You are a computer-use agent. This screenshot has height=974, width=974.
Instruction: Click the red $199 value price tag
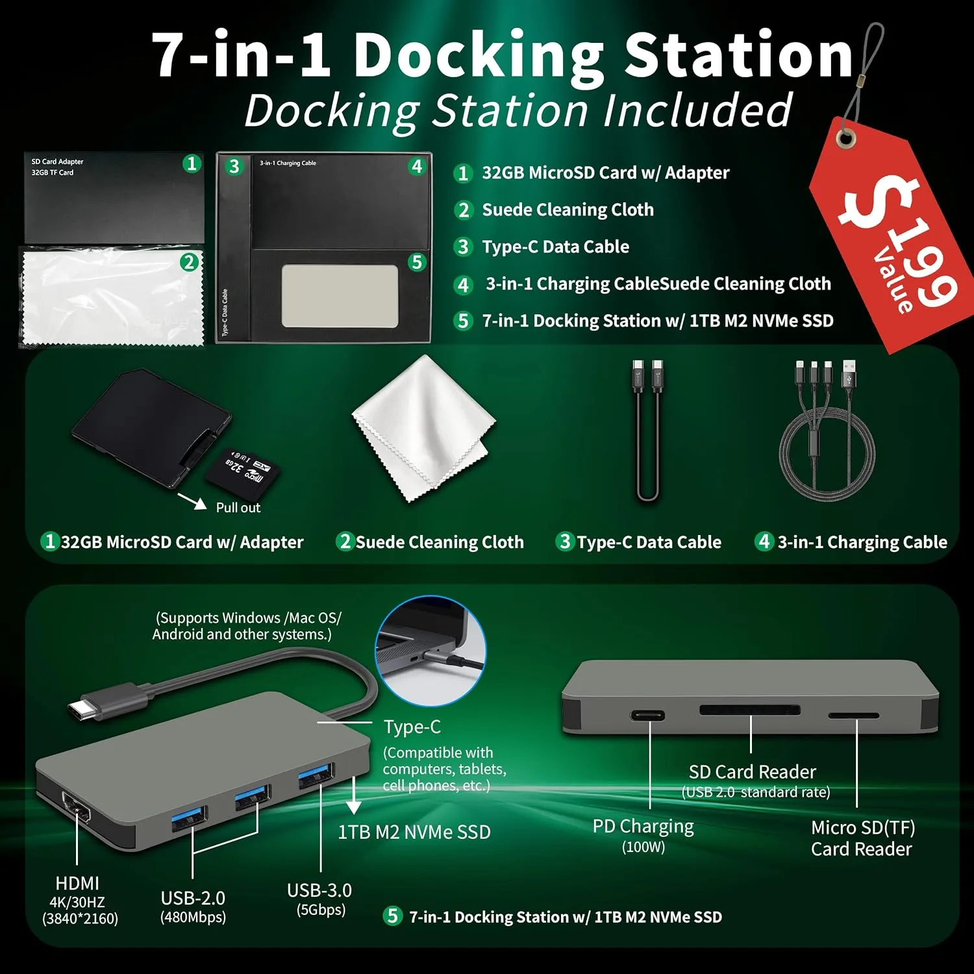point(896,240)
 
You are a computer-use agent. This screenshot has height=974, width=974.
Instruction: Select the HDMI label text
point(77,883)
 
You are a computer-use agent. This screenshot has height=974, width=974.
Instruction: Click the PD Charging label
point(643,827)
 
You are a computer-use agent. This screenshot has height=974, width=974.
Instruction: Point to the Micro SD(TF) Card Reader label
point(862,838)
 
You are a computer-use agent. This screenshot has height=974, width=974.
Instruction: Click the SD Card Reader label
point(752,772)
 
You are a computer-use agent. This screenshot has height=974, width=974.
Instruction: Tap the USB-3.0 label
point(319,890)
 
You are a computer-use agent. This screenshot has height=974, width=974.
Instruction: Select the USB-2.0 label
point(193,898)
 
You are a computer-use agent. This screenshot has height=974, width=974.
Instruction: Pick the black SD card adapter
point(151,429)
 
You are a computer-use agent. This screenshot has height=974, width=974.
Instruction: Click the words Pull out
point(238,508)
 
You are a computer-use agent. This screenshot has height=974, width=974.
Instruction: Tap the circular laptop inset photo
point(430,651)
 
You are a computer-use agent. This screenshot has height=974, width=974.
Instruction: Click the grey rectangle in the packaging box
point(340,295)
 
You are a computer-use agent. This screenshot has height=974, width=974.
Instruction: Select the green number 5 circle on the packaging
point(417,262)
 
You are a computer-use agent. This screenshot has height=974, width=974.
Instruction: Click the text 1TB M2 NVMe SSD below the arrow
point(414,832)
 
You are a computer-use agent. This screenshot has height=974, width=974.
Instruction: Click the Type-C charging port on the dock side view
point(648,716)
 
